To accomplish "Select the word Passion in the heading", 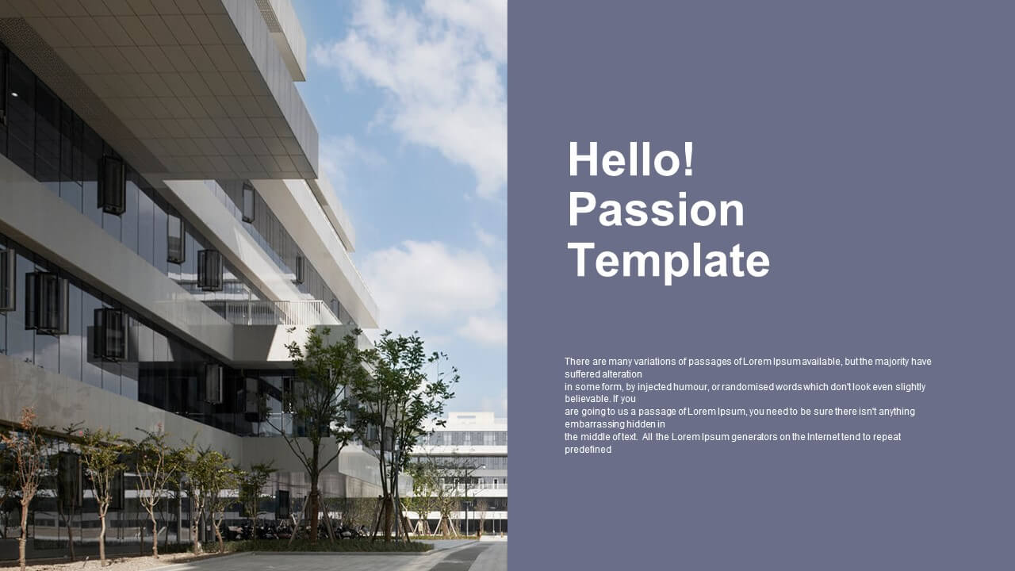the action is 656,210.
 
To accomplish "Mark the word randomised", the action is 747,387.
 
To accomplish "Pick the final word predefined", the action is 588,450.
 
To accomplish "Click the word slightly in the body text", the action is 910,387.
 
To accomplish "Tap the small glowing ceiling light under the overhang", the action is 15,94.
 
